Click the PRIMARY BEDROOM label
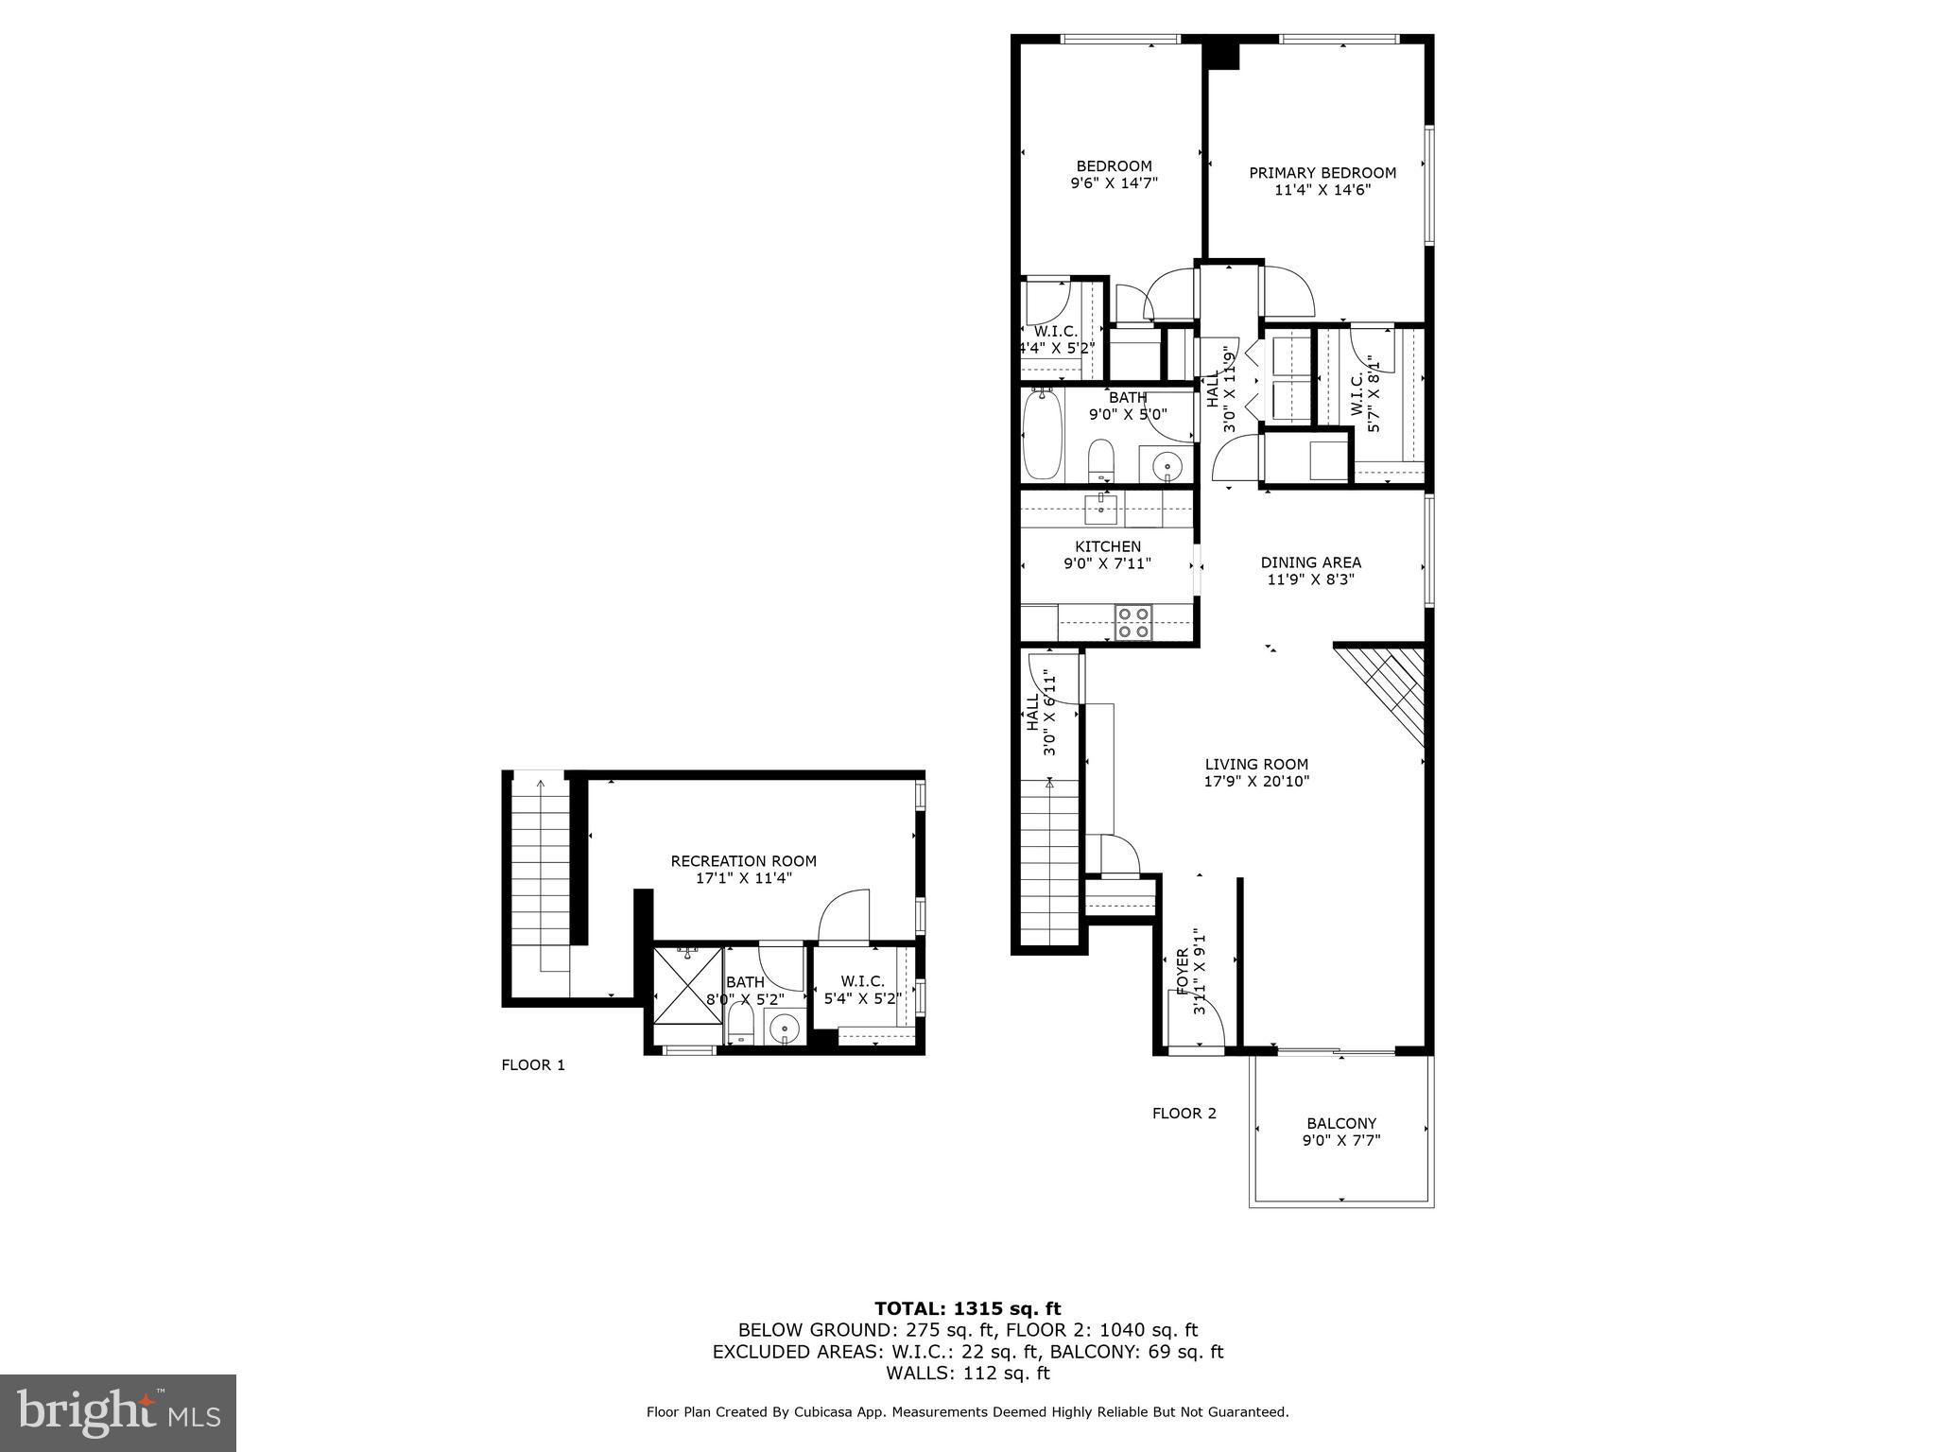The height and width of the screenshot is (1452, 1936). pos(1322,173)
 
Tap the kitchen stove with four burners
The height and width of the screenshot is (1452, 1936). pos(1133,622)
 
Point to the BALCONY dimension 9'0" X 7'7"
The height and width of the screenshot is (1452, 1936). pos(1340,1140)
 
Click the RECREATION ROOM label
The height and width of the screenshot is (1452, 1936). pos(743,861)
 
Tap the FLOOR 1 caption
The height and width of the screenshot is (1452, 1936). pos(532,1065)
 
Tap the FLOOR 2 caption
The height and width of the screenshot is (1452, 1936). pos(1184,1114)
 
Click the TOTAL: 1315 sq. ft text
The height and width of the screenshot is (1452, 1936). pos(967,1309)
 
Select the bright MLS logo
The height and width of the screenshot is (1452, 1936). pos(118,1412)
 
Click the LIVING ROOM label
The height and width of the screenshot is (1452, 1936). pos(1256,765)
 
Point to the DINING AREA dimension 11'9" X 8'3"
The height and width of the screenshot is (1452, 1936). pos(1310,579)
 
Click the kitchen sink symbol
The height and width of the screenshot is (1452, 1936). pos(1100,510)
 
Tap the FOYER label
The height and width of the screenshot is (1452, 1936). pos(1182,971)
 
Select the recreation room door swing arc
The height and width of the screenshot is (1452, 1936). pos(843,915)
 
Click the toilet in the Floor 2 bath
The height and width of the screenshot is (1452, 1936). pos(1101,459)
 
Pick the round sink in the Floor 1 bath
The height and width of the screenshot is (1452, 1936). pos(784,1027)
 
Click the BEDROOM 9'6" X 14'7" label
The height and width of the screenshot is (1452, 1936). pos(1113,175)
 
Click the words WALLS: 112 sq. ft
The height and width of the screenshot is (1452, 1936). pos(967,1374)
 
